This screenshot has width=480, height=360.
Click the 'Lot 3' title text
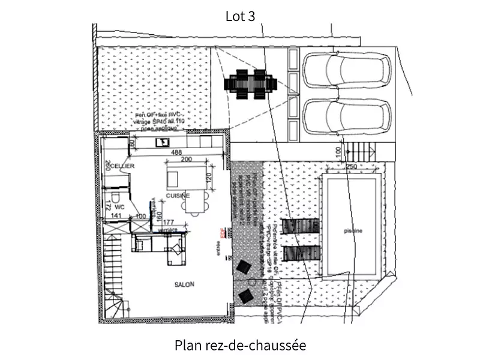[240, 16]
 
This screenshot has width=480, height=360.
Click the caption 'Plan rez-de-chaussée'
[240, 346]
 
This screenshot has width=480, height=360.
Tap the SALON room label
[184, 285]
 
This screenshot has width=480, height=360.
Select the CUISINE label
[178, 196]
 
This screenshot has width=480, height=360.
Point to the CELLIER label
[122, 166]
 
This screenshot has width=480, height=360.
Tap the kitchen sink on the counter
[162, 142]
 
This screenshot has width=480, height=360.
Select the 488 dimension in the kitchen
[176, 153]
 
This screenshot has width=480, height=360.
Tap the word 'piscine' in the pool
[353, 230]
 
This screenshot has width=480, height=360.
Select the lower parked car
[345, 119]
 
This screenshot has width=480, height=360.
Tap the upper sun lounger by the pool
[299, 226]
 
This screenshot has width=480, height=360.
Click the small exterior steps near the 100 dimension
[360, 153]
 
